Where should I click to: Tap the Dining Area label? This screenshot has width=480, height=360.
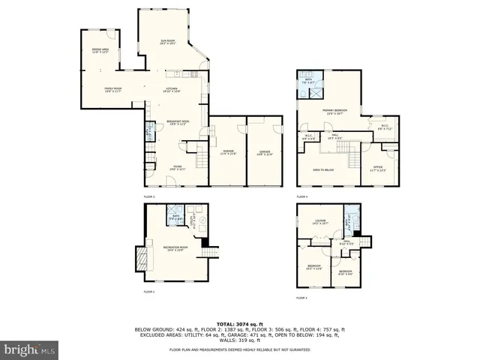[x=100, y=52]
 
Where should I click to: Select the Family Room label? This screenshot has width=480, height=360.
[x=112, y=89]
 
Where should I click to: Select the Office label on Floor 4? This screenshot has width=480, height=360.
[x=378, y=168]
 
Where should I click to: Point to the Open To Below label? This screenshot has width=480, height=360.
[x=323, y=170]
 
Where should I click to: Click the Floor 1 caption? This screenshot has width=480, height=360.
[x=149, y=292]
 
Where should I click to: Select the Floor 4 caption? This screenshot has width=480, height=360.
[x=302, y=196]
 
